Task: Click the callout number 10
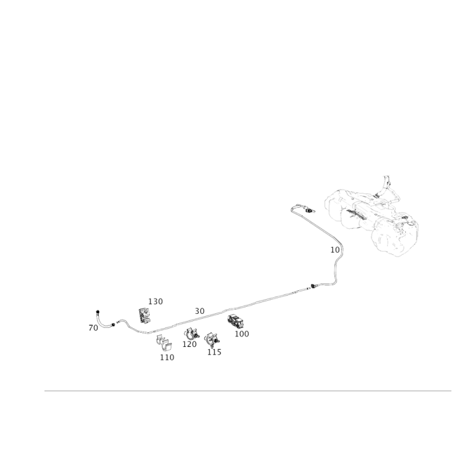[335, 250]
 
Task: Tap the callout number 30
[199, 312]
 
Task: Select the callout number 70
[93, 328]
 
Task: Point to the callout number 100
[242, 334]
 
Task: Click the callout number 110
[167, 358]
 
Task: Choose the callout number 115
[214, 352]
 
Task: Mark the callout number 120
[189, 344]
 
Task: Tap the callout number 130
[155, 301]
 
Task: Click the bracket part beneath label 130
[145, 316]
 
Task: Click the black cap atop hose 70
[97, 312]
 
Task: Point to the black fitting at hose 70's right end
[113, 324]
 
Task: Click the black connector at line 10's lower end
[313, 286]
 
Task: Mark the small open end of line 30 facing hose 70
[117, 322]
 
